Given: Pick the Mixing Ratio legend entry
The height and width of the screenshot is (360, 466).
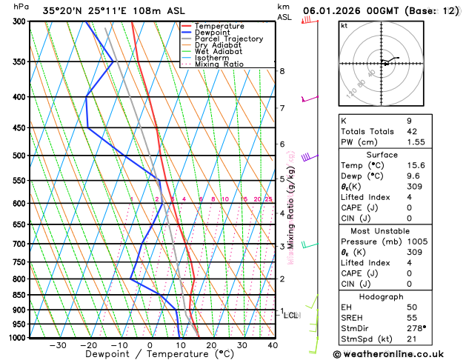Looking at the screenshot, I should [x=219, y=64].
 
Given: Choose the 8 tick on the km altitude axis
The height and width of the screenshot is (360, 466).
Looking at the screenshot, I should [x=282, y=71].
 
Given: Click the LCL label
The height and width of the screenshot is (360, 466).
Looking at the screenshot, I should [x=291, y=316].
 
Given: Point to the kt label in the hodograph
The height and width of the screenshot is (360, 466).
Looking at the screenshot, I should [x=344, y=25].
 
